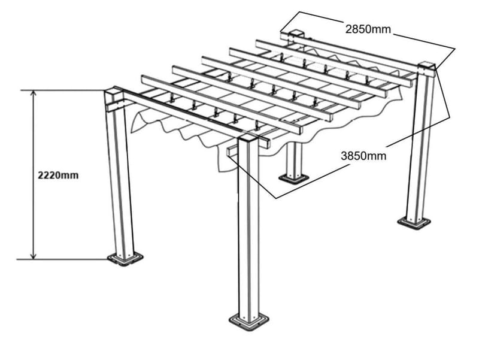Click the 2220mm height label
[x=57, y=176]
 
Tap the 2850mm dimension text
[x=368, y=28]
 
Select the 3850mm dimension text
[x=363, y=156]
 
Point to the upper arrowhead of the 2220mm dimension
[x=34, y=95]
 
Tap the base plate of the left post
[x=125, y=258]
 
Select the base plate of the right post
[x=415, y=222]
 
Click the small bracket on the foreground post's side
[x=232, y=157]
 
